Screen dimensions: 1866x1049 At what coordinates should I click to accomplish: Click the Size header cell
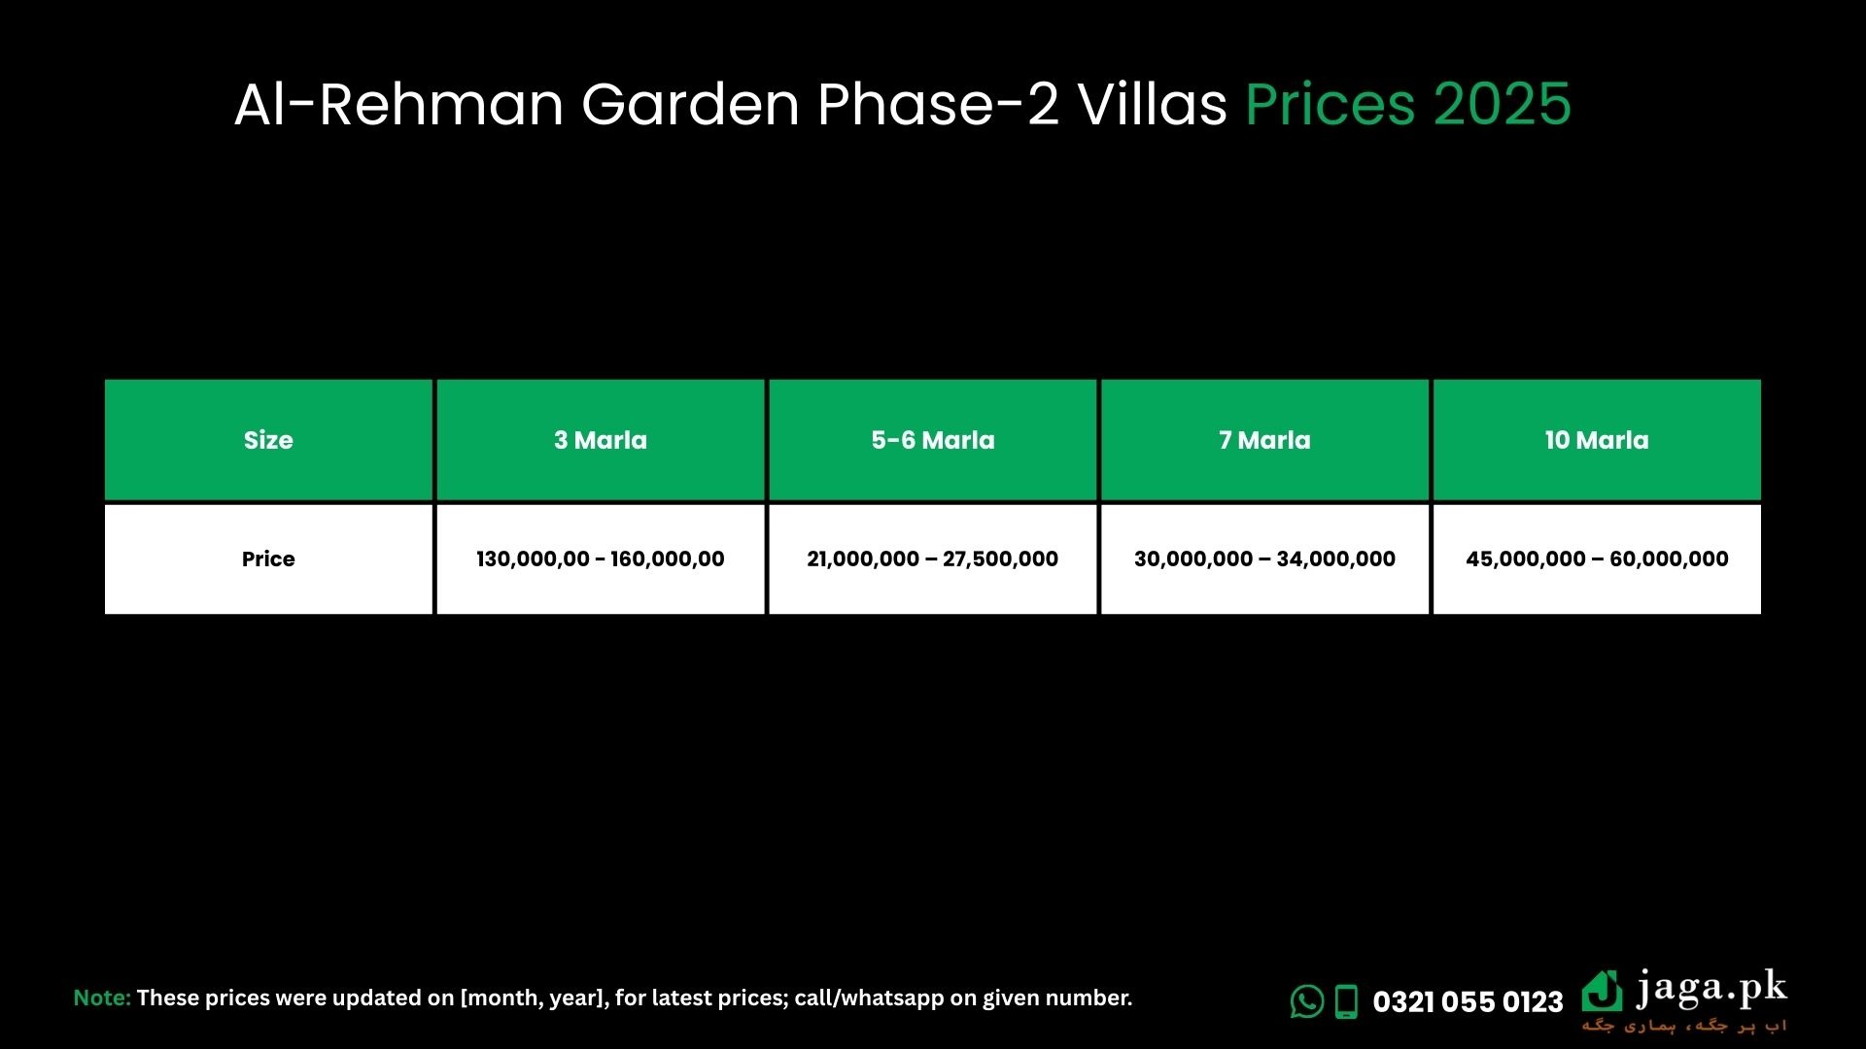pyautogui.click(x=268, y=440)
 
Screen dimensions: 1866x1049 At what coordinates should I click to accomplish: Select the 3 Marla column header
pyautogui.click(x=601, y=440)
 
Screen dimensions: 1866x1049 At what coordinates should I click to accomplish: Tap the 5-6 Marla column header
pyautogui.click(x=933, y=440)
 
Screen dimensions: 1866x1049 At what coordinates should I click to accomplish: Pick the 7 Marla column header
pyautogui.click(x=1264, y=440)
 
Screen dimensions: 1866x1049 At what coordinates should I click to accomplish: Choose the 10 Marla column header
pyautogui.click(x=1597, y=440)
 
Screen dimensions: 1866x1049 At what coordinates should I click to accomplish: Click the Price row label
pyautogui.click(x=268, y=559)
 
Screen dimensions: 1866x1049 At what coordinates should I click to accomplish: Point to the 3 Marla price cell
pyautogui.click(x=601, y=559)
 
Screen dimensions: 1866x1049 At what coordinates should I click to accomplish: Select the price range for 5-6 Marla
pyautogui.click(x=933, y=559)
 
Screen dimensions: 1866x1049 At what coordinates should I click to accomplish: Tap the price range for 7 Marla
pyautogui.click(x=1264, y=559)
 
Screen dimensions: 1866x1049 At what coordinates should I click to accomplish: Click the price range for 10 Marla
pyautogui.click(x=1597, y=559)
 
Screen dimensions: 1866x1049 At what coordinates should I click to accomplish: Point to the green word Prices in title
pyautogui.click(x=1330, y=104)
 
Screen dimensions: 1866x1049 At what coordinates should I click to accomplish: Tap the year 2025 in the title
pyautogui.click(x=1503, y=104)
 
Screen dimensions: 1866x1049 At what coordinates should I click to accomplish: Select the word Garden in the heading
pyautogui.click(x=690, y=104)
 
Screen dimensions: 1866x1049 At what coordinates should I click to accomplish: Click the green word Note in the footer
pyautogui.click(x=102, y=998)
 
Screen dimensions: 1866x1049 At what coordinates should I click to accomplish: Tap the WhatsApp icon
pyautogui.click(x=1307, y=1001)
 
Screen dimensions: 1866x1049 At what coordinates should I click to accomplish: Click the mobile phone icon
pyautogui.click(x=1346, y=1001)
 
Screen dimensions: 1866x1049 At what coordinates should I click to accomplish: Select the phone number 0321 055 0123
pyautogui.click(x=1468, y=1002)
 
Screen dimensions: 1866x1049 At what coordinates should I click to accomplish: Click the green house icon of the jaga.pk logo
pyautogui.click(x=1602, y=991)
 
